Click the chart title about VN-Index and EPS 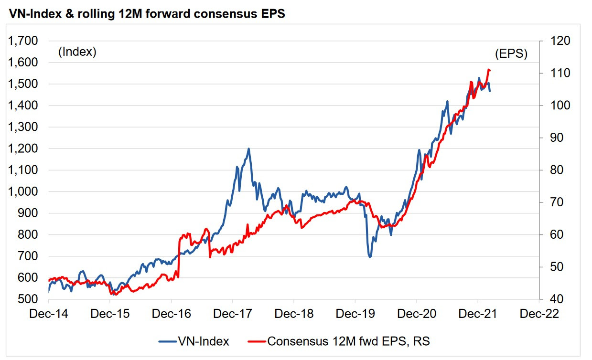(147, 14)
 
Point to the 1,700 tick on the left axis (23, 41)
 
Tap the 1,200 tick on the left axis (23, 148)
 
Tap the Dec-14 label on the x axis (49, 313)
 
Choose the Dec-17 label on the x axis (233, 313)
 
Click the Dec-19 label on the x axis (355, 313)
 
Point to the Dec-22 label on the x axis (539, 313)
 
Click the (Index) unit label (77, 52)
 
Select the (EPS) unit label (511, 54)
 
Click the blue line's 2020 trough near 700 (370, 257)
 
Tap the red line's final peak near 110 (488, 70)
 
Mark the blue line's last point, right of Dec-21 (490, 91)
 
